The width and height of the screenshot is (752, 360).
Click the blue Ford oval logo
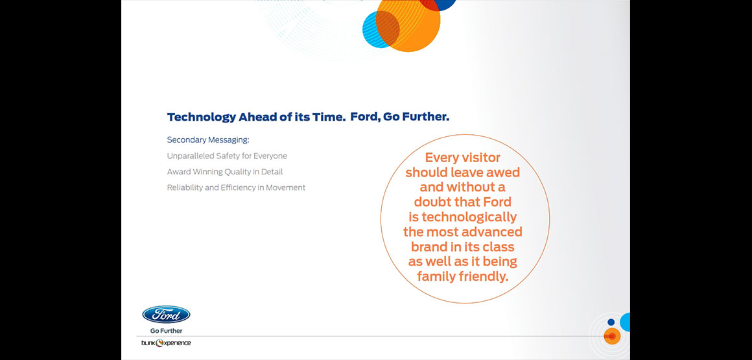[166, 315]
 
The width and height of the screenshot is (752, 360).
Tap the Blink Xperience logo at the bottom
[166, 342]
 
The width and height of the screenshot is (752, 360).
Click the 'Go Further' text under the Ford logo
[166, 331]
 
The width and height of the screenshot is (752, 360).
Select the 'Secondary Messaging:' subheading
[208, 140]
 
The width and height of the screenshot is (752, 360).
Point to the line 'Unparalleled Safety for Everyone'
[227, 156]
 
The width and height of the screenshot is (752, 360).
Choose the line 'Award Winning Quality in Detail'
[224, 172]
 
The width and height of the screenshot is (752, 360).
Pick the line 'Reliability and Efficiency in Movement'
[236, 187]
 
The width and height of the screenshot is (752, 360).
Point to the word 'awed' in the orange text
[503, 173]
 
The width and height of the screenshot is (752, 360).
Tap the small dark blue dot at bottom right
[611, 322]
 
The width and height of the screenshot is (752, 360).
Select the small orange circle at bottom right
[612, 337]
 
